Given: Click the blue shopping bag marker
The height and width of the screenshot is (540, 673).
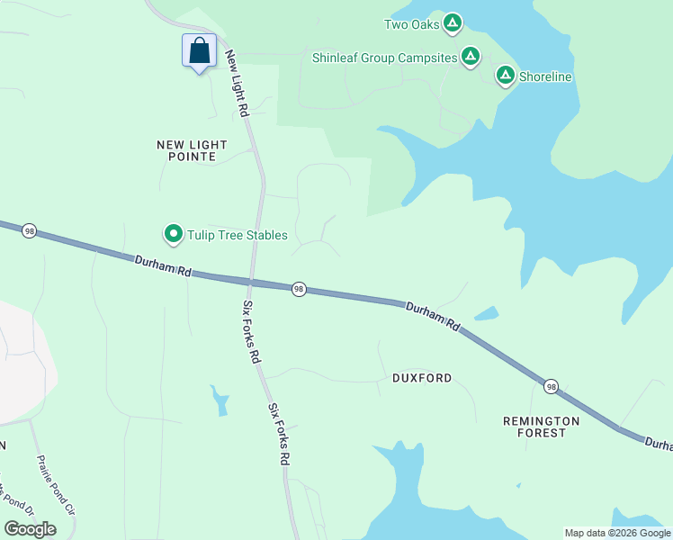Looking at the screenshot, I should (x=199, y=50).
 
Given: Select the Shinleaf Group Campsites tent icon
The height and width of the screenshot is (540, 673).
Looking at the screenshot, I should (x=470, y=58).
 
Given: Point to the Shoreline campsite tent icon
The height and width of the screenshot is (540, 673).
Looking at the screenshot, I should (x=506, y=76).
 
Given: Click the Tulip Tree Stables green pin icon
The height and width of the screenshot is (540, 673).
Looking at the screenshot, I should (x=173, y=235).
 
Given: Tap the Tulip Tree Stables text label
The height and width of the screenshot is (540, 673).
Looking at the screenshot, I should (x=238, y=236).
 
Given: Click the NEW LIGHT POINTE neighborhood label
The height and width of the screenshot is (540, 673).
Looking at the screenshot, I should (x=192, y=150).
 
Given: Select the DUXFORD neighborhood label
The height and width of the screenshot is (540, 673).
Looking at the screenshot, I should (x=422, y=378).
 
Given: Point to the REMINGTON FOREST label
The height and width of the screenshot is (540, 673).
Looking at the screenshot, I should (x=541, y=427).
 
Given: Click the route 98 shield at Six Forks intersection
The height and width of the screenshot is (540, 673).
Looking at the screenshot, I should (x=299, y=289).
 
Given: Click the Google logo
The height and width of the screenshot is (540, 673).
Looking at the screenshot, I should (x=30, y=529).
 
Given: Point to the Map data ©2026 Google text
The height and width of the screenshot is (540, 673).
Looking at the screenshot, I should (x=617, y=533).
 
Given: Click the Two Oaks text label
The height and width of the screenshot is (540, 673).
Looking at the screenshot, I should (x=411, y=24).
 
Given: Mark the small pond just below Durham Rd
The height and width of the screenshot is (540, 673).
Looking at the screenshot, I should (x=486, y=314).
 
